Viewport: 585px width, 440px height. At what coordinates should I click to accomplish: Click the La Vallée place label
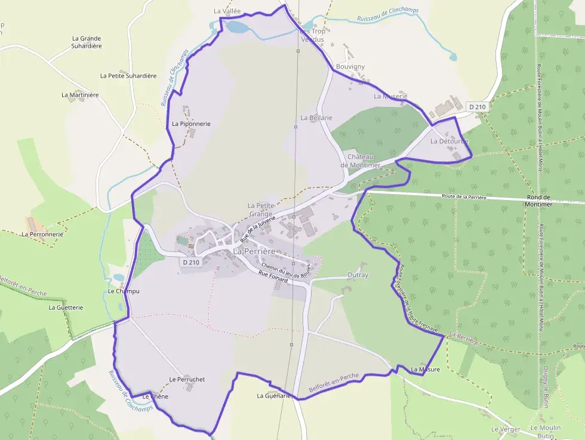pos(226,11)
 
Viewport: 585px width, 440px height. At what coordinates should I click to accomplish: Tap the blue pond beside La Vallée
pos(236,27)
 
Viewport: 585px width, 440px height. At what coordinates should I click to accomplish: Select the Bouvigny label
pos(350,67)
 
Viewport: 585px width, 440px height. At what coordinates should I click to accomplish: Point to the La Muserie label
pos(390,96)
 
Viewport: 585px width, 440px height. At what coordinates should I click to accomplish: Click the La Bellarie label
pos(316,118)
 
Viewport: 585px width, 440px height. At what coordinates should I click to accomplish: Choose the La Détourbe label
pos(449,141)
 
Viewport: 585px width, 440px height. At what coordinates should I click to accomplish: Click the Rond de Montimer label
pos(540,201)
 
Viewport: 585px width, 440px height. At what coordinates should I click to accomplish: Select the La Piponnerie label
pos(191,124)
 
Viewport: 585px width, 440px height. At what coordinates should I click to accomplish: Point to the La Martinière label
pos(80,95)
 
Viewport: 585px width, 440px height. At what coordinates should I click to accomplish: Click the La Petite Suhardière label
pos(128,76)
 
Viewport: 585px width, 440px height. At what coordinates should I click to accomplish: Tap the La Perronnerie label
pos(42,235)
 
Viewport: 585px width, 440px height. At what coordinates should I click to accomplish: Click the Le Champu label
pos(124,291)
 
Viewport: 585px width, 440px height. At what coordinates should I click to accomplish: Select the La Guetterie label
pos(66,307)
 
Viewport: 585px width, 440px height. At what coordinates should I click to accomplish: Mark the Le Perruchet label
pos(187,379)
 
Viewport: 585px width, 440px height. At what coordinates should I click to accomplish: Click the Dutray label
pos(358,275)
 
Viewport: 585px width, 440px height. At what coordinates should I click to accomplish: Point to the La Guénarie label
pos(274,396)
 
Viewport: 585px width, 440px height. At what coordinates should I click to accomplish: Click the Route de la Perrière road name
pos(464,196)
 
